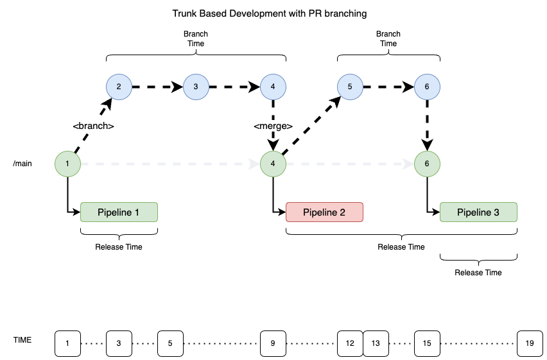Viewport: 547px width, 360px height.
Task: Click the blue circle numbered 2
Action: click(x=119, y=87)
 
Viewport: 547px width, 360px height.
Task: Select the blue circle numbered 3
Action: click(x=196, y=87)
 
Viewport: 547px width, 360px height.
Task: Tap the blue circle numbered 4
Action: click(x=273, y=87)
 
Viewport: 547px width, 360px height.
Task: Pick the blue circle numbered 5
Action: click(x=350, y=87)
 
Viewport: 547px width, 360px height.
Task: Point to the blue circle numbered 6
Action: click(x=427, y=87)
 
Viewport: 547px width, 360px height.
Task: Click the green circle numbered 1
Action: click(x=67, y=164)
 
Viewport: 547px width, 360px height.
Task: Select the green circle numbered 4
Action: click(x=273, y=164)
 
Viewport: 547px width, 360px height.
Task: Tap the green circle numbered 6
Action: click(x=427, y=164)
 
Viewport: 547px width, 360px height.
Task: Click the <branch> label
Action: click(x=93, y=126)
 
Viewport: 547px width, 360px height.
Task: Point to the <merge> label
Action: click(x=273, y=126)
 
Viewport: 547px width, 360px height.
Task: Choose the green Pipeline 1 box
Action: click(x=119, y=212)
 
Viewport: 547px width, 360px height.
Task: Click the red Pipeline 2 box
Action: click(x=324, y=212)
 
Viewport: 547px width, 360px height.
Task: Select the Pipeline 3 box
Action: click(x=478, y=212)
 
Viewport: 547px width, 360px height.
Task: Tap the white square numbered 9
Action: click(x=273, y=343)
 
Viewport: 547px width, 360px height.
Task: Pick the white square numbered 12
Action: click(x=350, y=343)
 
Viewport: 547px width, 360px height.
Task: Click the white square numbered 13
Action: click(x=376, y=343)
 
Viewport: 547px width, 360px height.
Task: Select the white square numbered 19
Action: click(x=530, y=343)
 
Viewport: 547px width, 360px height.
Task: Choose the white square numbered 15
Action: click(x=427, y=343)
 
